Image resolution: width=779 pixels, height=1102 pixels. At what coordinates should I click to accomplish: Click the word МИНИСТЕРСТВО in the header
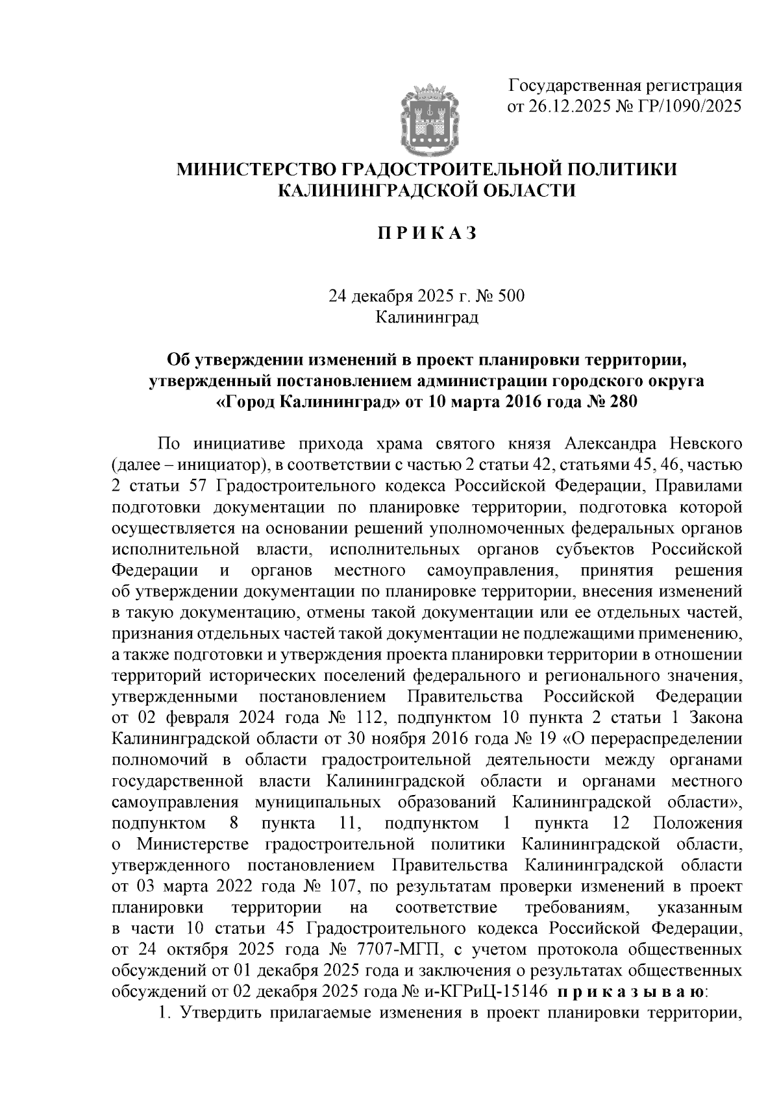(x=256, y=170)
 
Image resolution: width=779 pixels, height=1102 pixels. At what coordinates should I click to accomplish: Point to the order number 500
(x=510, y=297)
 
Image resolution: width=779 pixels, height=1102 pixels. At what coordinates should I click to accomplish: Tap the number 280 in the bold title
(x=620, y=402)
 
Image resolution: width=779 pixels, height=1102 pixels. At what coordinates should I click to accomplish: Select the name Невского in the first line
(x=699, y=445)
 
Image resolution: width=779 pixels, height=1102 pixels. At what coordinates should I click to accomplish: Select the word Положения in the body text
(x=697, y=824)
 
